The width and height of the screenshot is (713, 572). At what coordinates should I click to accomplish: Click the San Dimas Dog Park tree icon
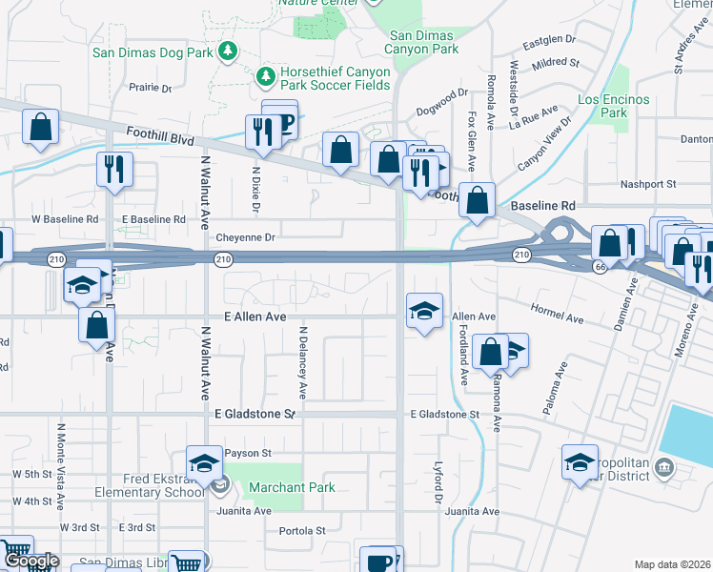pyautogui.click(x=228, y=50)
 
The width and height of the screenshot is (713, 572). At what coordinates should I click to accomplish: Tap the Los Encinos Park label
pyautogui.click(x=613, y=106)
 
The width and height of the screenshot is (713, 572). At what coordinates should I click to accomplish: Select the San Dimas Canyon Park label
pyautogui.click(x=422, y=42)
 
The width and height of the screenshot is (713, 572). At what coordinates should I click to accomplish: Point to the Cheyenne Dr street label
pyautogui.click(x=245, y=237)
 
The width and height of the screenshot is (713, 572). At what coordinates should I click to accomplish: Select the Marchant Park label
pyautogui.click(x=292, y=487)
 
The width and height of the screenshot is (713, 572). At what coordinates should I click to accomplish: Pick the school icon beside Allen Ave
pyautogui.click(x=425, y=311)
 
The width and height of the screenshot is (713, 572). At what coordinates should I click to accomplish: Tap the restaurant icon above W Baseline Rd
pyautogui.click(x=113, y=170)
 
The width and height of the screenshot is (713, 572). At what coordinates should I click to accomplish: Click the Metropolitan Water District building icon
pyautogui.click(x=664, y=467)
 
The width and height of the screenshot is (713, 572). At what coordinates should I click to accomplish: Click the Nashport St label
pyautogui.click(x=647, y=184)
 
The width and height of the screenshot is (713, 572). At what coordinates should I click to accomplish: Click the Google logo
pyautogui.click(x=31, y=562)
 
